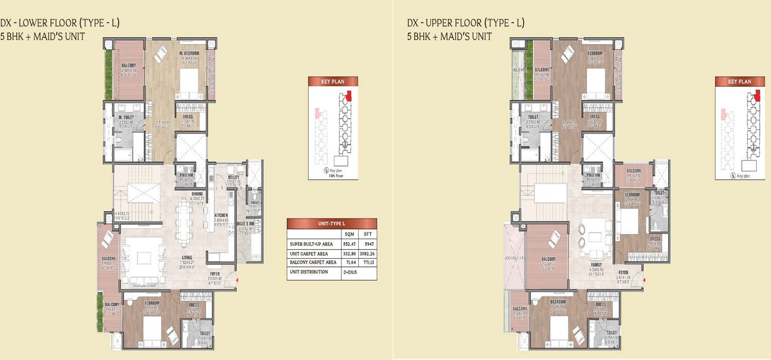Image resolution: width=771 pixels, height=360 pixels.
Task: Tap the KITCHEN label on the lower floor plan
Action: pos(221,215)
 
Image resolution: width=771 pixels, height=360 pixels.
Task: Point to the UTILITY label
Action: pos(234,176)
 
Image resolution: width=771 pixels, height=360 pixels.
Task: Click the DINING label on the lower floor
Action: pos(197,194)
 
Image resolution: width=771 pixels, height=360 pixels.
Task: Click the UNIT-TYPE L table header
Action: pos(332,224)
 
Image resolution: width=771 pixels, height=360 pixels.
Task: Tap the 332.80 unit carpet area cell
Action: pos(349,253)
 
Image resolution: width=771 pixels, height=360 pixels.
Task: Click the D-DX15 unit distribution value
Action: pos(350,272)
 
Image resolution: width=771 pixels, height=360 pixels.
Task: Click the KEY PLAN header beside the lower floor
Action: pos(333,81)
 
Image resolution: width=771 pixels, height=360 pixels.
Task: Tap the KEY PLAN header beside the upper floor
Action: pos(740,81)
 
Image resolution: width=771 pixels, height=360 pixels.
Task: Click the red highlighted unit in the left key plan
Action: pos(349,95)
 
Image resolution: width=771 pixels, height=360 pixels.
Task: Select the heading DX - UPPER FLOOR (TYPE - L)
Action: pos(465,23)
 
